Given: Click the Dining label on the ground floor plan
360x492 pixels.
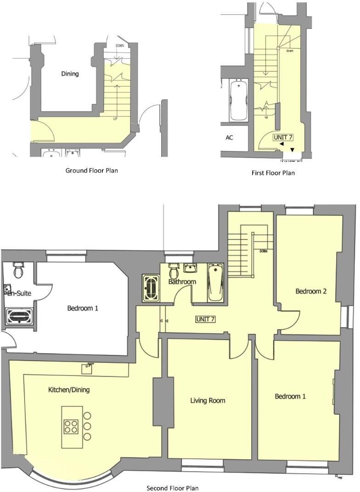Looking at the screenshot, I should coord(70,73).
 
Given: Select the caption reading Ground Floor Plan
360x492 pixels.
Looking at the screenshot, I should coord(91,170).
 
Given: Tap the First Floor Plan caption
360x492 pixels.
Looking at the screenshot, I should coord(273,173).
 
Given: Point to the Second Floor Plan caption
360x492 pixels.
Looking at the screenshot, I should coord(173,488).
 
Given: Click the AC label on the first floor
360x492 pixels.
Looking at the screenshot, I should coord(229,138).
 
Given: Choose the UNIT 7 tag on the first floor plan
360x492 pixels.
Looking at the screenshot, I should coord(283,137).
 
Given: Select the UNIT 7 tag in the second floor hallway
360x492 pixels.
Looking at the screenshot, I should coord(205,319).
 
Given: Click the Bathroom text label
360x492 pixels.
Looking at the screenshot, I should coord(182,282).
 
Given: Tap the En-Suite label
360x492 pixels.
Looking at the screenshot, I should coord(19,292).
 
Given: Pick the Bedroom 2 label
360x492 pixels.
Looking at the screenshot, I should coord(311,291).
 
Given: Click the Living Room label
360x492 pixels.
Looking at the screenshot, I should coord(208,400).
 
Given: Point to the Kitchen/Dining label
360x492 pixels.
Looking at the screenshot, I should coord(69,390).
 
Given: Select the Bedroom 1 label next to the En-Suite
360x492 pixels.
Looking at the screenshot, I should coord(83,308).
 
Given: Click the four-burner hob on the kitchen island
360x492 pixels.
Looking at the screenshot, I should coord(71,426).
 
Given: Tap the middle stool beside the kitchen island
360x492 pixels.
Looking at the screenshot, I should coord(87,426).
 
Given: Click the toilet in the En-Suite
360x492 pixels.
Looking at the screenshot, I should coord(18,271).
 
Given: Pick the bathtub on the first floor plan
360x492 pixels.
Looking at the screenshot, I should coord(239,100).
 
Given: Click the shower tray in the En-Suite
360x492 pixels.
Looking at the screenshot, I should coord(19,316).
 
